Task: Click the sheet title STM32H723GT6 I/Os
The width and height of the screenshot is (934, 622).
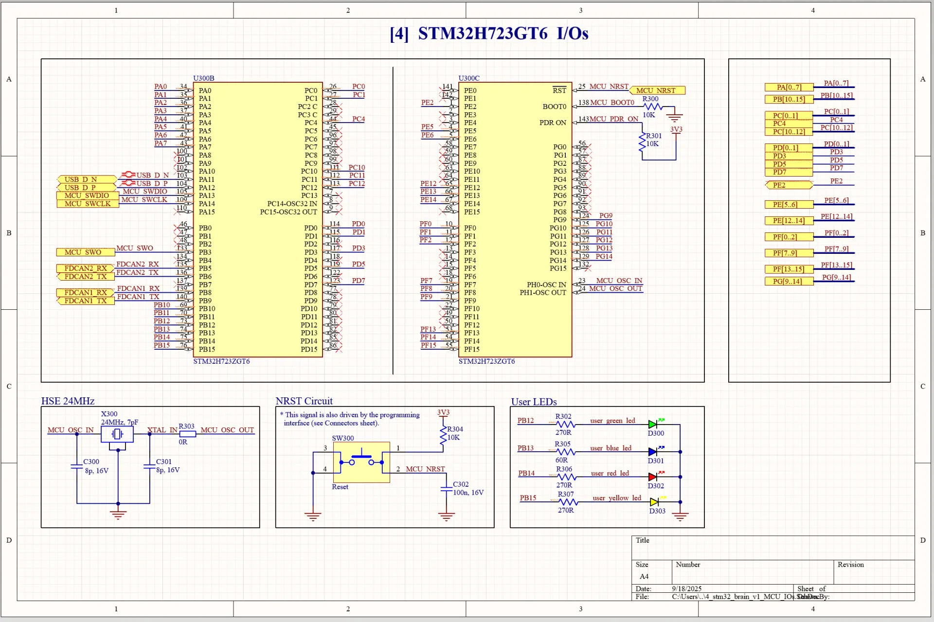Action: [x=489, y=34]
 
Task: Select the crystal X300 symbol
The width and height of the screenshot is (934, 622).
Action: [x=117, y=434]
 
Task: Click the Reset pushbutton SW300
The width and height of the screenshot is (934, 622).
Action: [x=361, y=462]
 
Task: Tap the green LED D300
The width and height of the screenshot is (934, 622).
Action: [x=653, y=424]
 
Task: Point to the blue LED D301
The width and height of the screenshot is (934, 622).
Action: [x=653, y=452]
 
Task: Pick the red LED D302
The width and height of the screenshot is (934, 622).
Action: [x=653, y=477]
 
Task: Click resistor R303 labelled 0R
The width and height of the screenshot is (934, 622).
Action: [x=187, y=434]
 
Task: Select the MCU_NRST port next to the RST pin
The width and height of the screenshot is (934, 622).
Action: [x=657, y=90]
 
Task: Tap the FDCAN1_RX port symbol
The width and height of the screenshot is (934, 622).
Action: [x=86, y=292]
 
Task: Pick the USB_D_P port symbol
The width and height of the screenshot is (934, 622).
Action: [x=86, y=187]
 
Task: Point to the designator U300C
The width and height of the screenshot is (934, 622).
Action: [x=469, y=78]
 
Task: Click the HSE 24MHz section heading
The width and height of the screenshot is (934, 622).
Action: [x=68, y=401]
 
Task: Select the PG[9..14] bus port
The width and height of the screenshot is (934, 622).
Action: [x=788, y=281]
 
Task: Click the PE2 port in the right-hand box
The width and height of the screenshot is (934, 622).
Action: [x=788, y=185]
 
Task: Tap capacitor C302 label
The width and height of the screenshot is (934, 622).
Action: [x=461, y=484]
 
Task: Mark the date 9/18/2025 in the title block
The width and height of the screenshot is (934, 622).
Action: [x=687, y=588]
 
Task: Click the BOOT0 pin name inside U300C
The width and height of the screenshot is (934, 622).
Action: [x=555, y=107]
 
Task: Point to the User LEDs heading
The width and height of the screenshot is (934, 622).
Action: [x=534, y=402]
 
